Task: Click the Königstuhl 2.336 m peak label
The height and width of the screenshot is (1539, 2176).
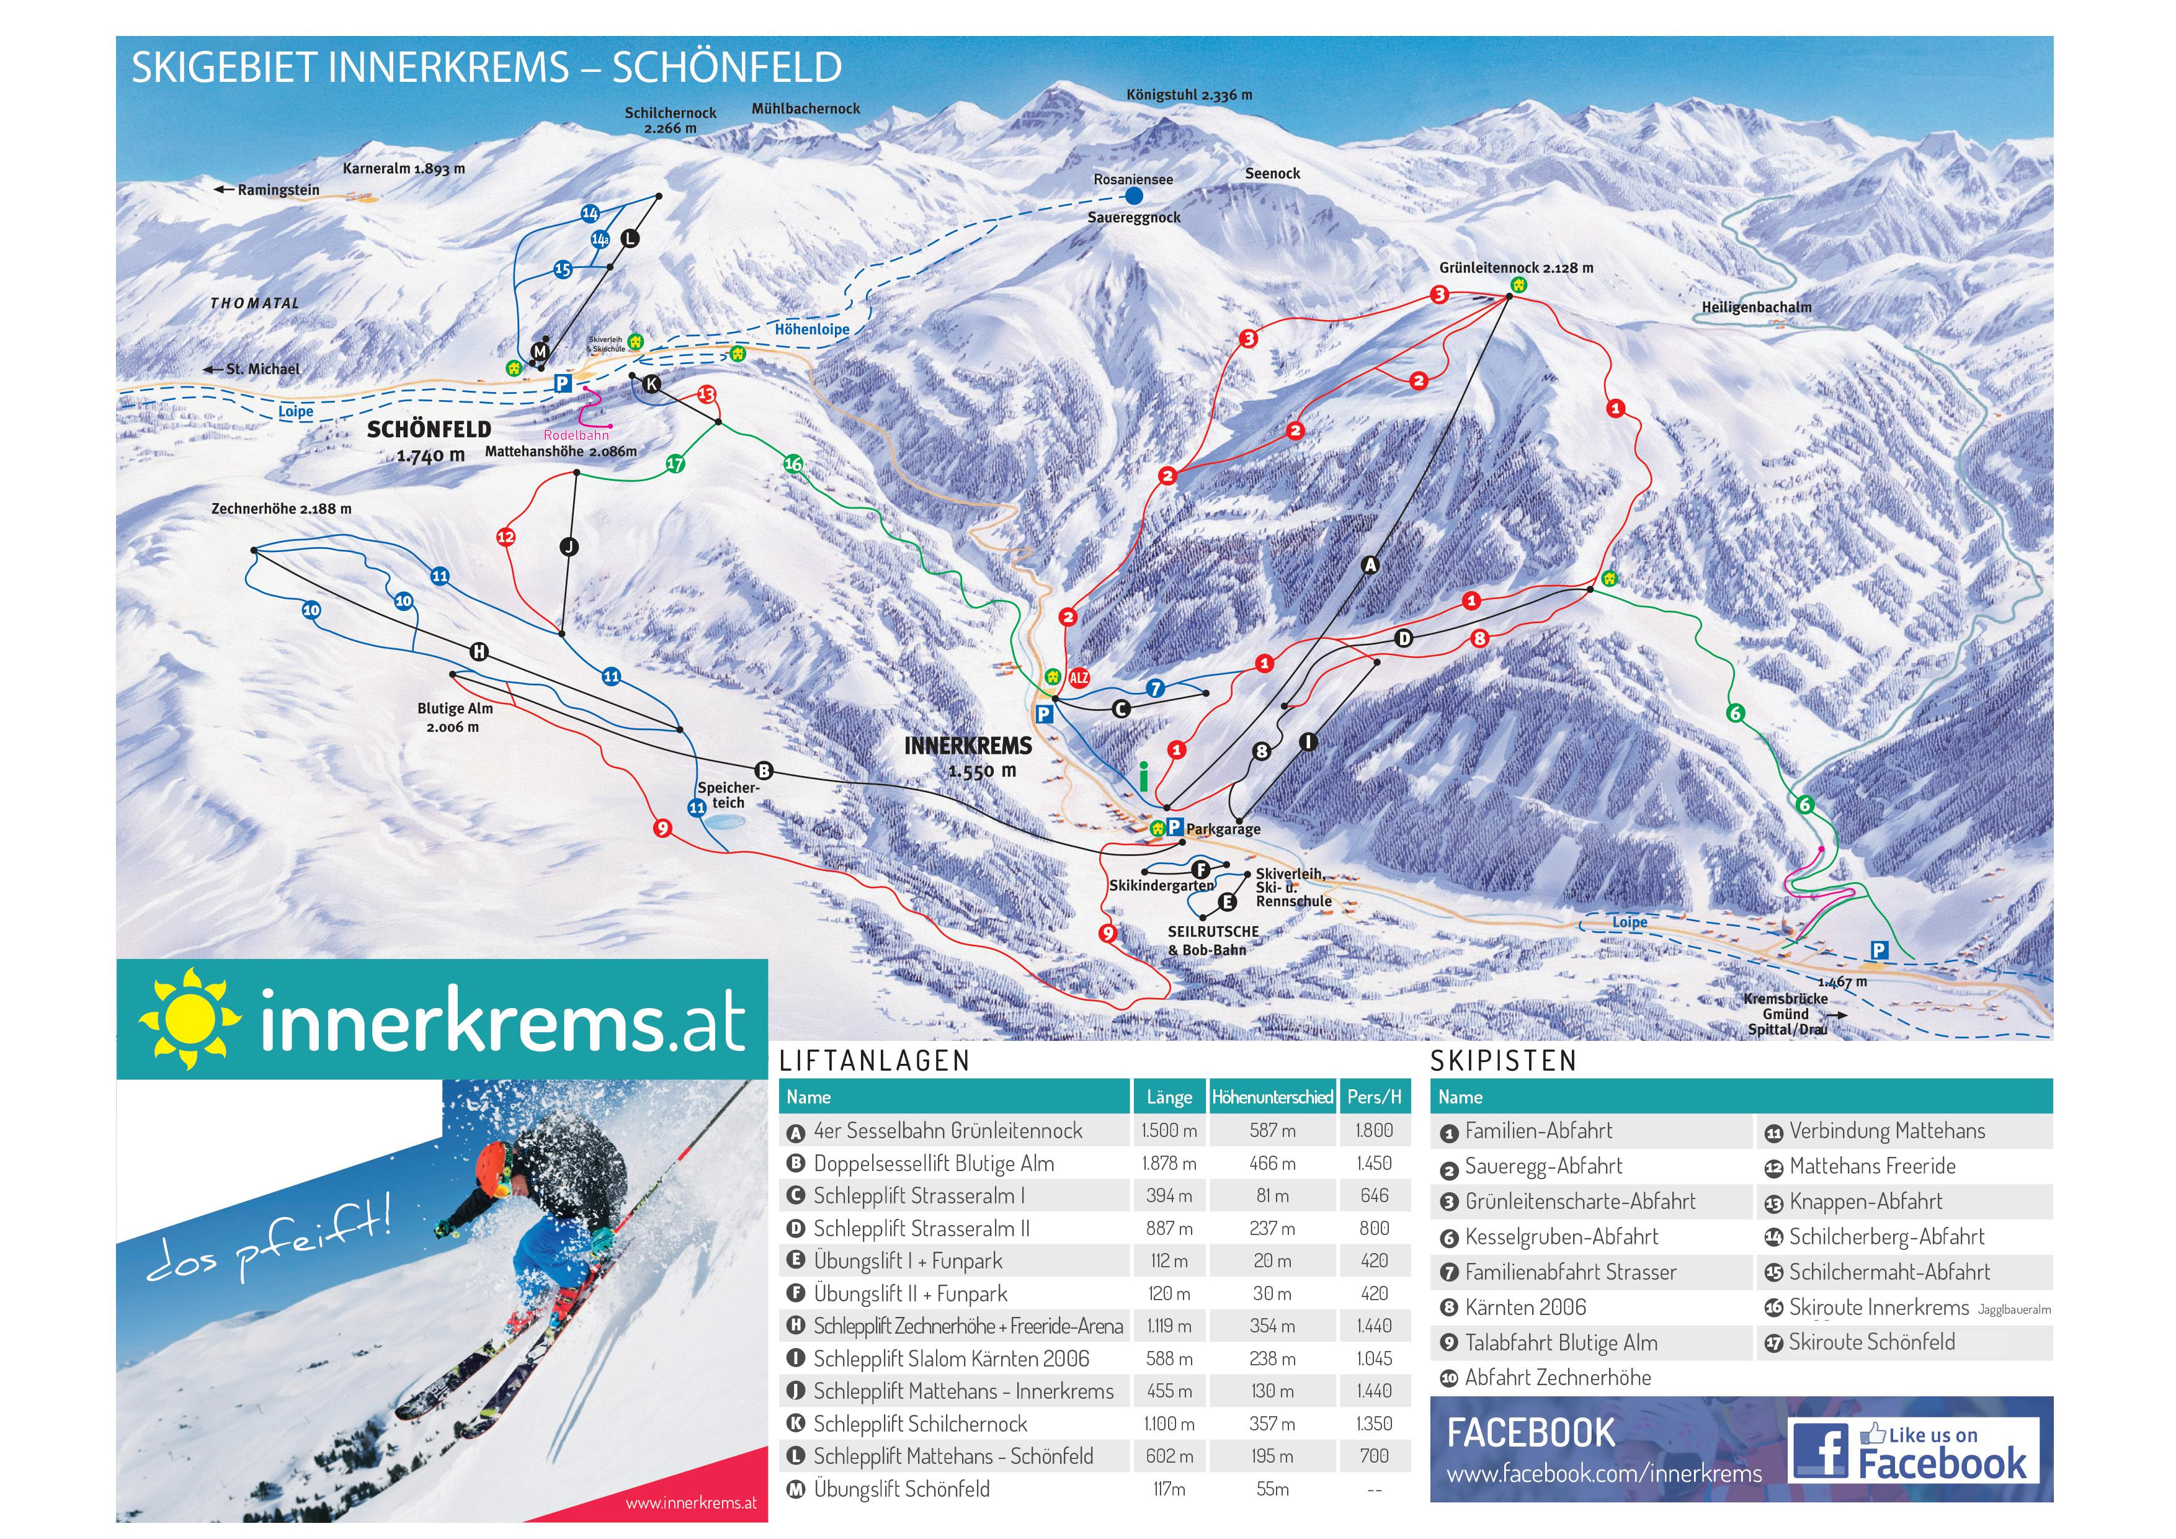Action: (x=1188, y=95)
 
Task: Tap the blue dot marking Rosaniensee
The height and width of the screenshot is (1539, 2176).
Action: (x=1133, y=196)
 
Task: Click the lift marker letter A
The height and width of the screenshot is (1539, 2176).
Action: (x=1370, y=565)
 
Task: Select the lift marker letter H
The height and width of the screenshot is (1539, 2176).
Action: (x=479, y=652)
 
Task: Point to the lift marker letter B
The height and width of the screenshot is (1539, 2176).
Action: (x=764, y=770)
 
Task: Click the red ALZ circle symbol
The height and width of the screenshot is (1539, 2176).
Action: (x=1079, y=677)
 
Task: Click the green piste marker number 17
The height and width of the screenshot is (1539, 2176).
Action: (x=675, y=463)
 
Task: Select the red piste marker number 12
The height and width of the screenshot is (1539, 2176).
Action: (x=506, y=537)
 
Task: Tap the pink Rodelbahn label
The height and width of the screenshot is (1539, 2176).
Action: (x=576, y=435)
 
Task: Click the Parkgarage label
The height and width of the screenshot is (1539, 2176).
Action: (x=1223, y=829)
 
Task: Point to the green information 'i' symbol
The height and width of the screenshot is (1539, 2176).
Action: (x=1144, y=777)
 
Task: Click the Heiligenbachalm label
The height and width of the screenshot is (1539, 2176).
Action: (x=1756, y=307)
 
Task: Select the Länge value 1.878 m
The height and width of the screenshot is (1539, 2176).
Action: (x=1169, y=1162)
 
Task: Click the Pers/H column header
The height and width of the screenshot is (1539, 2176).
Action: (x=1373, y=1097)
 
